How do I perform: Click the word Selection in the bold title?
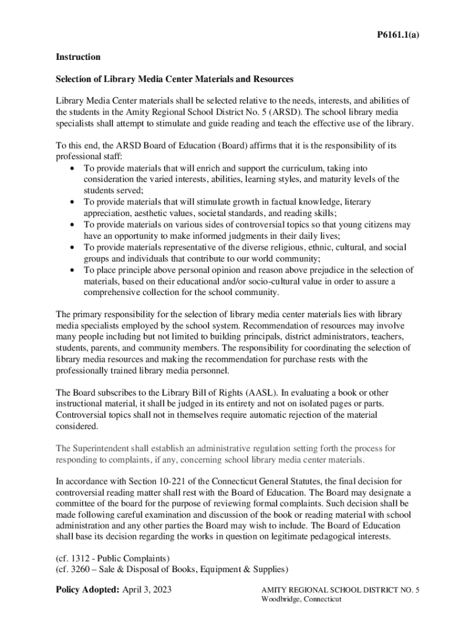(75, 80)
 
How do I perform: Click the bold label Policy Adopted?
(87, 590)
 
